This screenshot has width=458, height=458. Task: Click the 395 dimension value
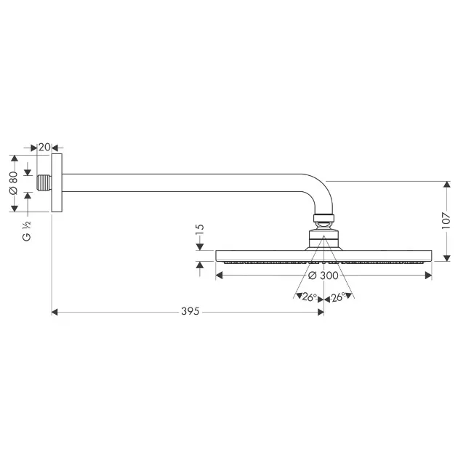pyautogui.click(x=190, y=311)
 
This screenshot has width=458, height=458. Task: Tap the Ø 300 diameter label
pyautogui.click(x=324, y=276)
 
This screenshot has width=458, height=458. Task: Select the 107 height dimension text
pyautogui.click(x=446, y=220)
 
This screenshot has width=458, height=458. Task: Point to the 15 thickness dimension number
pyautogui.click(x=199, y=230)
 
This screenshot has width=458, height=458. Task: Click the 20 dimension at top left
pyautogui.click(x=44, y=147)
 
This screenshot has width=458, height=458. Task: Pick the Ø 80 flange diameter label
pyautogui.click(x=13, y=183)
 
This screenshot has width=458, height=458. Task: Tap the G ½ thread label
pyautogui.click(x=27, y=231)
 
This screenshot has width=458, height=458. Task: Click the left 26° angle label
pyautogui.click(x=310, y=297)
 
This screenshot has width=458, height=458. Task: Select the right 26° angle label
pyautogui.click(x=338, y=297)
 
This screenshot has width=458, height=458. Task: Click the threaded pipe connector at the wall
pyautogui.click(x=44, y=183)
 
